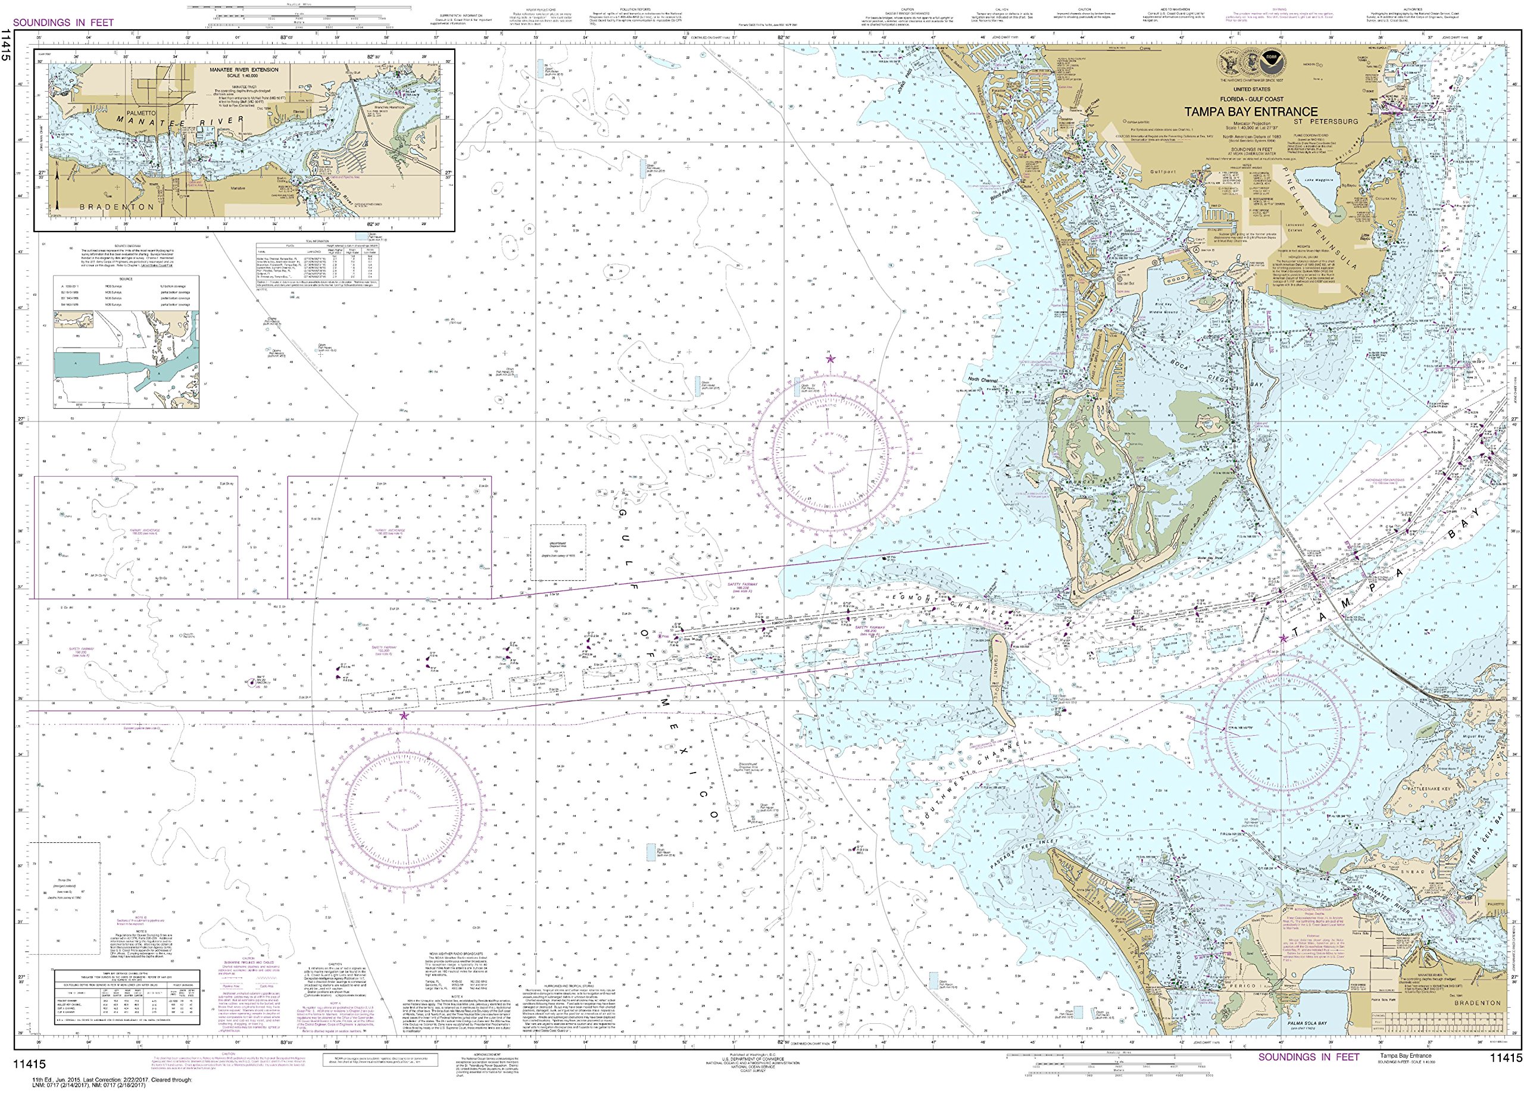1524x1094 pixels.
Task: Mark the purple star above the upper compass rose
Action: pos(830,359)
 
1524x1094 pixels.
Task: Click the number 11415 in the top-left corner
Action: pos(7,46)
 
